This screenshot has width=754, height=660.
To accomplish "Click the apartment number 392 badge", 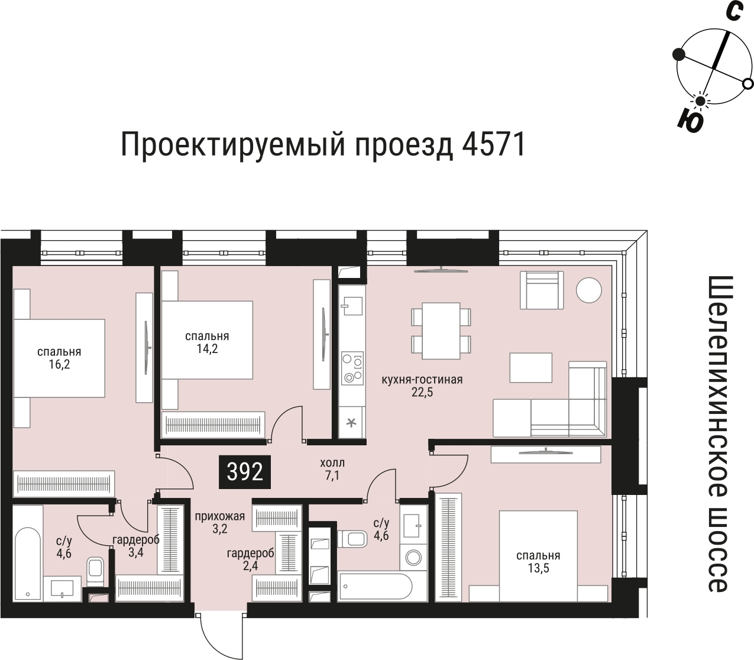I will click(x=245, y=472).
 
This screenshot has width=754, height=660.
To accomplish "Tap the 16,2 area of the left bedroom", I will click(x=59, y=365).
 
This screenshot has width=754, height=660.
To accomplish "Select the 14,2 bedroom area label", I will click(x=207, y=349).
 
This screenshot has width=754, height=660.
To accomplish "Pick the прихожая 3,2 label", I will click(x=220, y=523).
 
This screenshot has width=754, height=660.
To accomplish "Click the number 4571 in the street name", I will click(x=490, y=145).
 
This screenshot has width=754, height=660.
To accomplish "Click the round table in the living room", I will click(x=590, y=290).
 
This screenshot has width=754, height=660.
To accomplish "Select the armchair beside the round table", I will click(x=540, y=290).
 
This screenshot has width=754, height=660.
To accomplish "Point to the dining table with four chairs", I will click(x=441, y=331).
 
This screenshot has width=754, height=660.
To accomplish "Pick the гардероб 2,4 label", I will click(x=250, y=559).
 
